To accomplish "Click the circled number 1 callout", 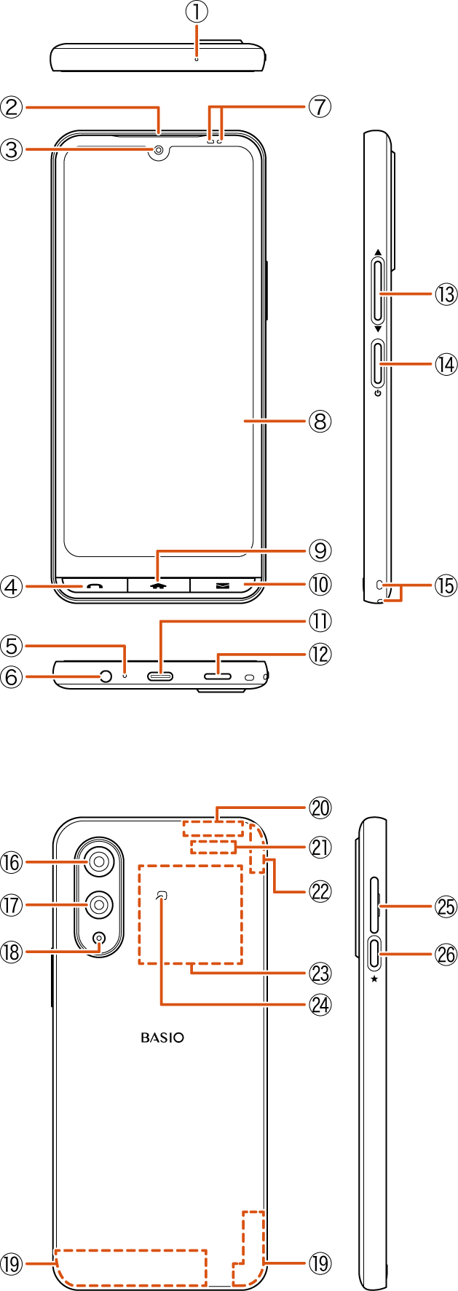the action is click(197, 12).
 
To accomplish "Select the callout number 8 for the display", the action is click(320, 421).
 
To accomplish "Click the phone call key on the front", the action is click(95, 585).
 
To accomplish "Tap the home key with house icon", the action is click(159, 585).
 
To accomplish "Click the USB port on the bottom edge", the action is click(161, 676).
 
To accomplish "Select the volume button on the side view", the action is click(379, 293).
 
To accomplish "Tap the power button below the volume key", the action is click(379, 363).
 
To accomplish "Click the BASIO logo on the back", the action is click(162, 1038).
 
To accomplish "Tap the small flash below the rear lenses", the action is click(99, 939).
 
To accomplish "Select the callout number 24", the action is click(320, 1005).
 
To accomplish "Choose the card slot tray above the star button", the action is click(375, 906).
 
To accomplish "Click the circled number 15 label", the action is click(445, 585).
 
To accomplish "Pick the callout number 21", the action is click(320, 847).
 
